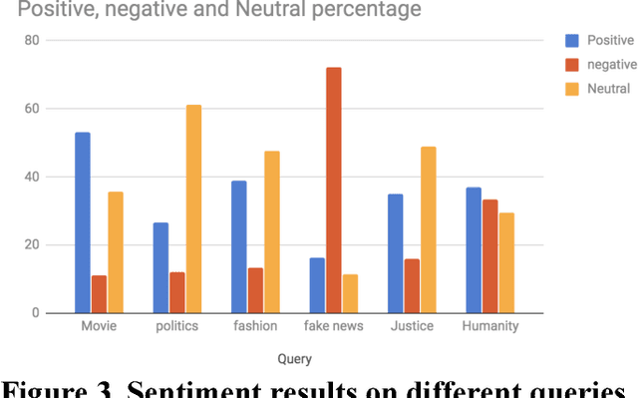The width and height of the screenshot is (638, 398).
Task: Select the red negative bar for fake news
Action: click(333, 190)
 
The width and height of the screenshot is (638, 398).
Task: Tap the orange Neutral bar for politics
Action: click(193, 208)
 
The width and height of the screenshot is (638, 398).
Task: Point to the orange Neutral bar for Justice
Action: click(428, 229)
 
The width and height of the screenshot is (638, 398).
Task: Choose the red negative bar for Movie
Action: click(99, 294)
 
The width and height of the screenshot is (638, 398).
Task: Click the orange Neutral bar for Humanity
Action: click(506, 262)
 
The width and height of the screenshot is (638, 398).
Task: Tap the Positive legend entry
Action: click(609, 41)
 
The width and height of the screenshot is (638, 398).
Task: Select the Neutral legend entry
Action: click(607, 89)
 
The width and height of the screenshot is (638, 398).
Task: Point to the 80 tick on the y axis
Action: click(31, 41)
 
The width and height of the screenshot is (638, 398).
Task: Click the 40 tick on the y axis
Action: click(31, 178)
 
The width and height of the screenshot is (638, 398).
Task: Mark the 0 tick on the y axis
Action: click(35, 313)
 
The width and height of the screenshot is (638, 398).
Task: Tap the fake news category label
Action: click(333, 326)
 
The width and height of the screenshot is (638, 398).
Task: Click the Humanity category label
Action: click(490, 326)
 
